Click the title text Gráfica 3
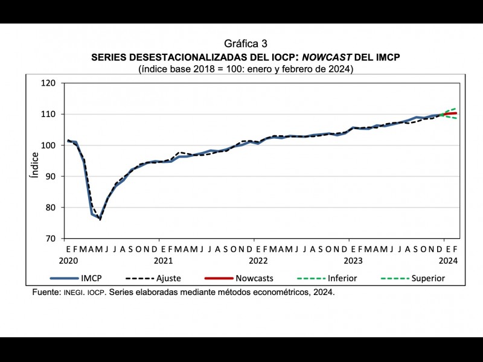tap(245, 44)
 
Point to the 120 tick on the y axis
tap(48, 83)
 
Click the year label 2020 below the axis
tap(69, 261)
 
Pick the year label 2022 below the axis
tap(258, 261)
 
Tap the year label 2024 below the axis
tap(447, 261)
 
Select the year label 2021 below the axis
tap(163, 261)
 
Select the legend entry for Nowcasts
tap(254, 278)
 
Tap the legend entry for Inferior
tap(342, 278)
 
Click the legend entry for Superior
tap(427, 278)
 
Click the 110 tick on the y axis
tap(48, 114)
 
